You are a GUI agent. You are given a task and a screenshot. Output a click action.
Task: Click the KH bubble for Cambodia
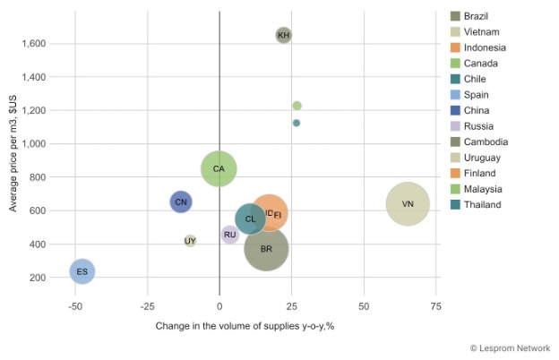(x=284, y=35)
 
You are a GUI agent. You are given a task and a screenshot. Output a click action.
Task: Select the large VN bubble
(x=408, y=204)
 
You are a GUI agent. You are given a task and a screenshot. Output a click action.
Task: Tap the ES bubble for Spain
(x=82, y=270)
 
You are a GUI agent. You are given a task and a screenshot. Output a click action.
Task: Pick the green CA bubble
(x=219, y=168)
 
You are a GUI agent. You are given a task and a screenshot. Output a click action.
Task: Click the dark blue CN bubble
(x=181, y=201)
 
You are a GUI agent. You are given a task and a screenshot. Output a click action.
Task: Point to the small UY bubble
(x=190, y=241)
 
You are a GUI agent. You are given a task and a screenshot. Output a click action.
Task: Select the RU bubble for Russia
(x=230, y=235)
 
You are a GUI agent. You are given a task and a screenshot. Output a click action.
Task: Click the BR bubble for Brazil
(x=266, y=249)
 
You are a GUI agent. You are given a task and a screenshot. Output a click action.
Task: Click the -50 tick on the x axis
(x=75, y=306)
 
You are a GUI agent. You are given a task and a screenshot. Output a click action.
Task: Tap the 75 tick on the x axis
(x=436, y=306)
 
